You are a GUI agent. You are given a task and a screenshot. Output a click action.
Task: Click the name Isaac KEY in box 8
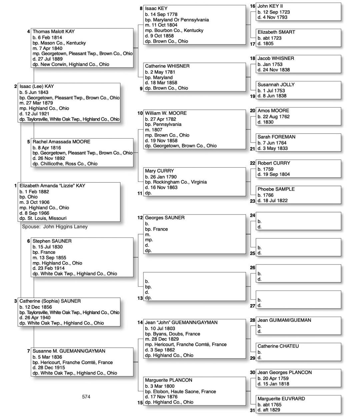tap(156, 9)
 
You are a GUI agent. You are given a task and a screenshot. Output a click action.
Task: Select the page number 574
tap(86, 397)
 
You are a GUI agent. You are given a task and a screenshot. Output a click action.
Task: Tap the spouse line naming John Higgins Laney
tap(55, 227)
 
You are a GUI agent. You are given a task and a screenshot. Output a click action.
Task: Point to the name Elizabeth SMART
tap(276, 32)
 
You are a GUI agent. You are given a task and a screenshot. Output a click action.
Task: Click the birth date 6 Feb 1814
tap(47, 38)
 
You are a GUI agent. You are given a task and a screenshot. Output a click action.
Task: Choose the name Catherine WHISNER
tap(167, 66)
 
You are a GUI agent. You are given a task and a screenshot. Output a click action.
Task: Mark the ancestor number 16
tap(253, 6)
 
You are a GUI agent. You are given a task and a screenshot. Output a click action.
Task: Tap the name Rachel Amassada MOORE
tap(61, 142)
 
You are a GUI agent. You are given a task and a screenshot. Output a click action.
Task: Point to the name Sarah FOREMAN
tap(276, 137)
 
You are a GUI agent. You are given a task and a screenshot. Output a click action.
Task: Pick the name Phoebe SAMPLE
tap(276, 189)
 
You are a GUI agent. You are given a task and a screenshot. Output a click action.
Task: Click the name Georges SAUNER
tap(165, 218)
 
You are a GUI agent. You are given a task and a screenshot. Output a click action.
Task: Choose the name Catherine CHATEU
tap(278, 346)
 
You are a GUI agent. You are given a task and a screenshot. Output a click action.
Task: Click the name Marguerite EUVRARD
tap(281, 399)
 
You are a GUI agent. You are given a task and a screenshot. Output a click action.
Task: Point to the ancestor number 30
tap(253, 372)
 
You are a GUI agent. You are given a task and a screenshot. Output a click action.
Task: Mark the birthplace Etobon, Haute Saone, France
tap(180, 392)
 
